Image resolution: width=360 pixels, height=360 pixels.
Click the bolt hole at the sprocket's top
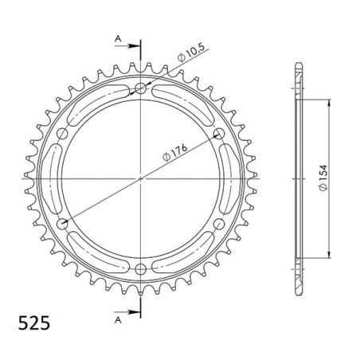pyautogui.click(x=141, y=88)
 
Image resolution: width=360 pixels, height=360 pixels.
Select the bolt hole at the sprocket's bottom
pyautogui.click(x=141, y=268)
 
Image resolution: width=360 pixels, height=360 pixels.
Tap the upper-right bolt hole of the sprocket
pyautogui.click(x=219, y=133)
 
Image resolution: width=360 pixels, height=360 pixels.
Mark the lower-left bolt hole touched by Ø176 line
pyautogui.click(x=63, y=223)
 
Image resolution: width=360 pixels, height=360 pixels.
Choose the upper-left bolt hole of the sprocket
pyautogui.click(x=63, y=133)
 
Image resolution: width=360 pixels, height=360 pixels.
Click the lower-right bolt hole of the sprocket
pyautogui.click(x=219, y=223)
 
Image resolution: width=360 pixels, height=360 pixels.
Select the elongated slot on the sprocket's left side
pyautogui.click(x=56, y=178)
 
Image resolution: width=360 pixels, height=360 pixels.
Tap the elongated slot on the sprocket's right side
pyautogui.click(x=226, y=178)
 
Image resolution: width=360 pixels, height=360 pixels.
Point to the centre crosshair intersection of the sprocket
pyautogui.click(x=141, y=178)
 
